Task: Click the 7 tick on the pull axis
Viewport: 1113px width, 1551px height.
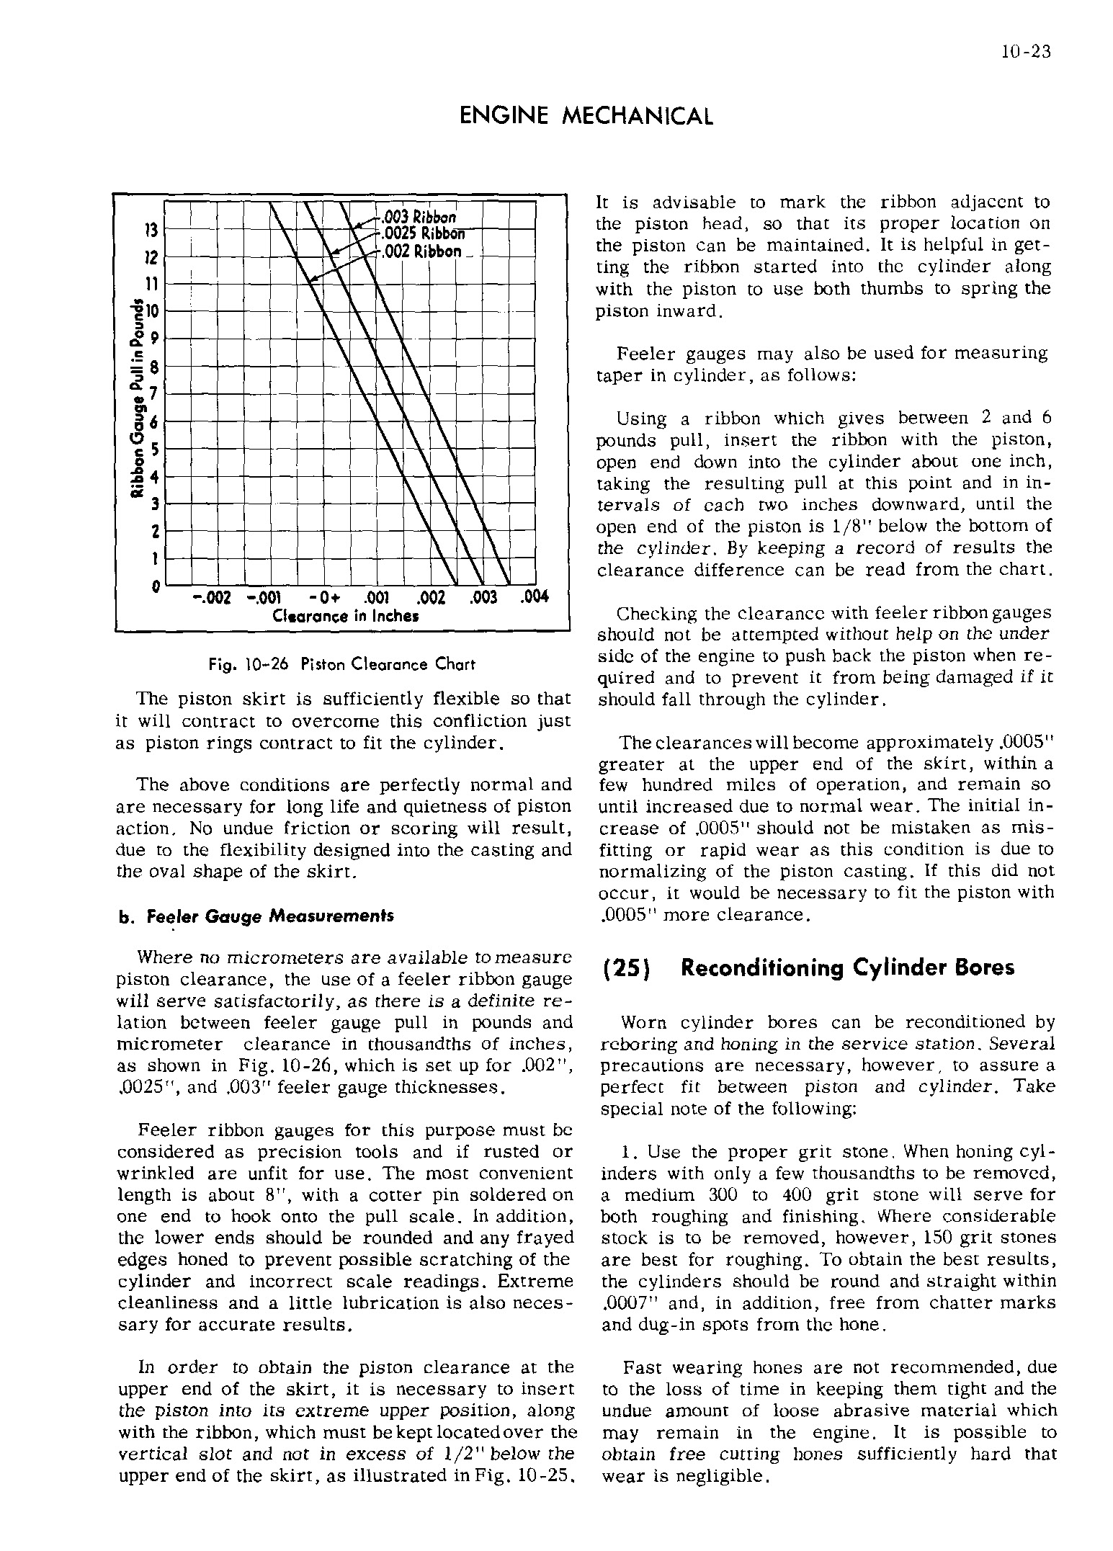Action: tap(153, 394)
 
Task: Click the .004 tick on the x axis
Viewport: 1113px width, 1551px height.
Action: tap(532, 597)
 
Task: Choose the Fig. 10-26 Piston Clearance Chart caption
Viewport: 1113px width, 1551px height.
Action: tap(342, 664)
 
